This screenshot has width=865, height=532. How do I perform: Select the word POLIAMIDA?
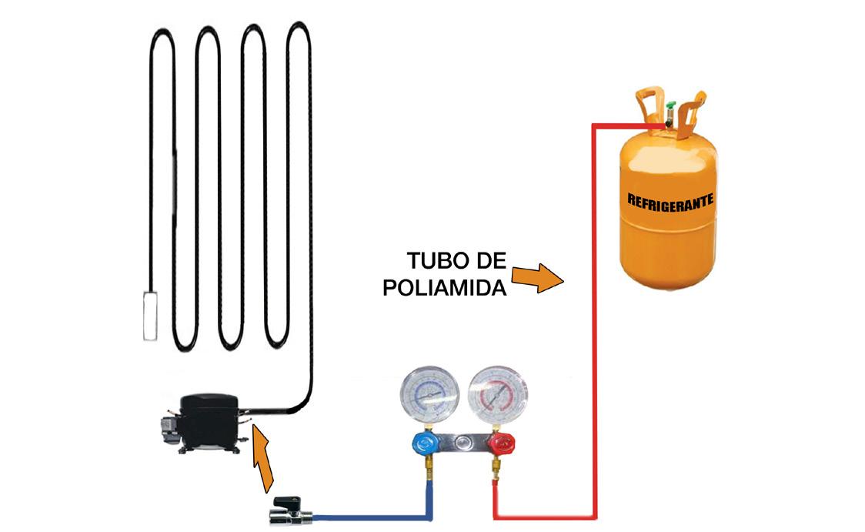click(444, 289)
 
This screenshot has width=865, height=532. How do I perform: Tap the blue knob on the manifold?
click(423, 443)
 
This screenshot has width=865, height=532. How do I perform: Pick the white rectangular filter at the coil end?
click(150, 315)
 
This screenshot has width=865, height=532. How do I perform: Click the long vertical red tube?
click(595, 323)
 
